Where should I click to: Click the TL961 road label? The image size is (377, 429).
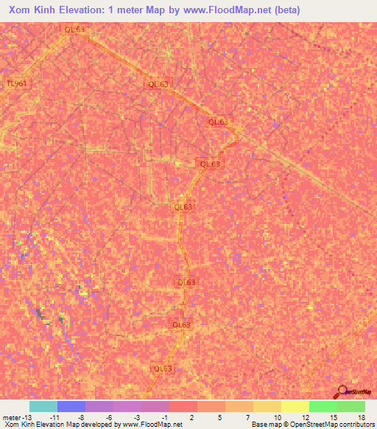16,83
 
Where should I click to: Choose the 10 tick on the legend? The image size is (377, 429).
277,416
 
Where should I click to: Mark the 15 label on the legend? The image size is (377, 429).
333,416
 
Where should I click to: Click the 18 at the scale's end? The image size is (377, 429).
361,416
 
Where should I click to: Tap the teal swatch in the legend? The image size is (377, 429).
43,406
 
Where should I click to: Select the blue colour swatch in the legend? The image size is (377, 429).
71,406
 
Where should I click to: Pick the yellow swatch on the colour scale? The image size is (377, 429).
295,406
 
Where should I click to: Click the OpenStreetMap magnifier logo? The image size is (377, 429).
343,391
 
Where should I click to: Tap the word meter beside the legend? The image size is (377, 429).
11,416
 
